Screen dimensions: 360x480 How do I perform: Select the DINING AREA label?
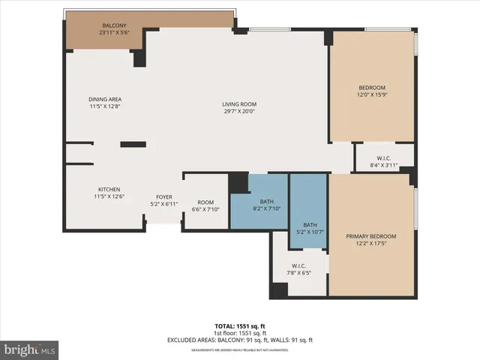(105, 99)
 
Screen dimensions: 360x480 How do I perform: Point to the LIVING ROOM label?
(239, 103)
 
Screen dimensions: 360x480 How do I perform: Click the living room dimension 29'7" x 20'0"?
(239, 111)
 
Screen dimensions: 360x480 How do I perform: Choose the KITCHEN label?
(109, 189)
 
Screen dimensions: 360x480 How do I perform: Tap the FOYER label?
(164, 196)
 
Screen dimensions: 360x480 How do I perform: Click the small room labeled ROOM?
(205, 202)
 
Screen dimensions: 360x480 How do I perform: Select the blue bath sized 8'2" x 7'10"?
(268, 205)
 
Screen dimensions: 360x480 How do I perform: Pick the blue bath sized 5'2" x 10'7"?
(310, 229)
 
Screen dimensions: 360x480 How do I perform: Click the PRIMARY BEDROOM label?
(370, 236)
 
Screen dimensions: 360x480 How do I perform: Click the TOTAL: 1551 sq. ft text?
(239, 326)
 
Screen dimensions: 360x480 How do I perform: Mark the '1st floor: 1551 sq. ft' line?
(239, 333)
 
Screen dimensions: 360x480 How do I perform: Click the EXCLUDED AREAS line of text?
(239, 340)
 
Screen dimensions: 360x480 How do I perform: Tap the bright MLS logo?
(30, 349)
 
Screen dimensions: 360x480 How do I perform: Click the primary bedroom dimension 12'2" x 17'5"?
(370, 244)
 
